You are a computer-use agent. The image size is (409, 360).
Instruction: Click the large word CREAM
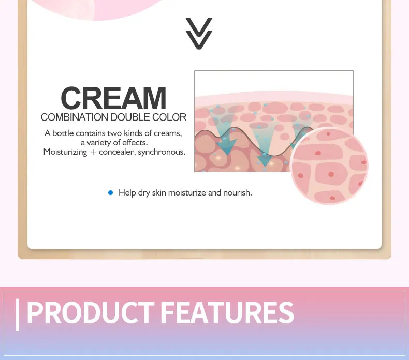pos(113,98)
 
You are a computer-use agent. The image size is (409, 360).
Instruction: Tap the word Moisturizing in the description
pos(65,152)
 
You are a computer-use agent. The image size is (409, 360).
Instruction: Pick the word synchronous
pos(162,152)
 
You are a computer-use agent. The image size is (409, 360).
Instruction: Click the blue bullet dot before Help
pos(110,192)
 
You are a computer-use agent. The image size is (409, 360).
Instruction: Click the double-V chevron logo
pos(199,34)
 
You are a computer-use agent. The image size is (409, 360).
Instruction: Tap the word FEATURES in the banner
pos(227,312)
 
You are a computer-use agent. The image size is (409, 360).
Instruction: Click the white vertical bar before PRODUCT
pos(18,314)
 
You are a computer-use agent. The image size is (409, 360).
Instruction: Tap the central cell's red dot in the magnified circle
pos(331,174)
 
